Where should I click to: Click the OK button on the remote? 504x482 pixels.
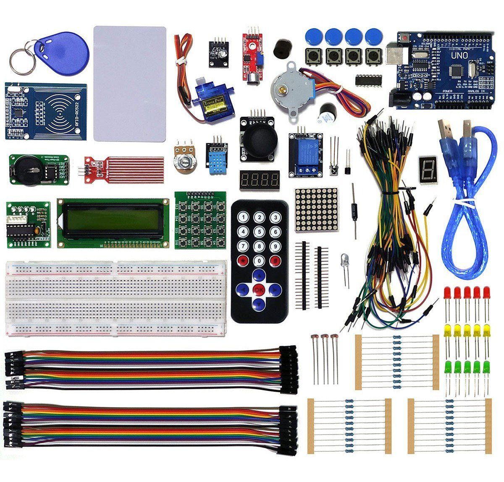coord(259,289)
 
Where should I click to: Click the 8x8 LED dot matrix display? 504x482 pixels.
coord(316,209)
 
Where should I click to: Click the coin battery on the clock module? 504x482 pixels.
coord(28,169)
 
